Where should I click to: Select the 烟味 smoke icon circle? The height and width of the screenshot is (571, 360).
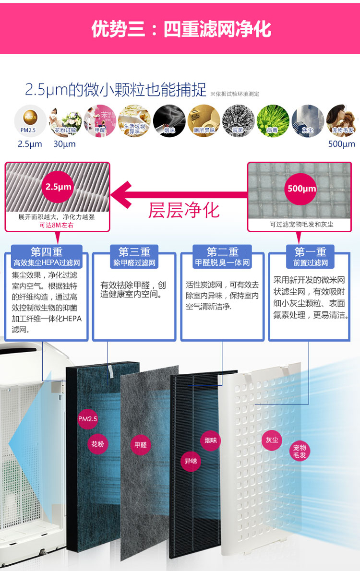coord(169,120)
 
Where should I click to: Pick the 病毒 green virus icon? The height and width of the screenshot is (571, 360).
coord(273,120)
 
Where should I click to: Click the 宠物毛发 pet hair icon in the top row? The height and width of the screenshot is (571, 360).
coord(342,120)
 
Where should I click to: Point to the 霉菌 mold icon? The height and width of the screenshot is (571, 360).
coord(238,120)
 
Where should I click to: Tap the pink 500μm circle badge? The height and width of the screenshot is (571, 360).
coord(301,188)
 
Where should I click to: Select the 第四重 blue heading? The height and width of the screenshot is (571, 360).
coord(47,252)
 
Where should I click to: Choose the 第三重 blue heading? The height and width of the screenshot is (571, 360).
coord(134,252)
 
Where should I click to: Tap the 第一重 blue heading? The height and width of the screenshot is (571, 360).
coord(310,252)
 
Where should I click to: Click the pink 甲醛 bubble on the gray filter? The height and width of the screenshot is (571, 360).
coord(141,445)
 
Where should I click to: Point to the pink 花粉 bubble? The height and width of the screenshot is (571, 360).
coord(97,444)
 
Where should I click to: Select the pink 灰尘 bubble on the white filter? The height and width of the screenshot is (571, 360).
coord(272,440)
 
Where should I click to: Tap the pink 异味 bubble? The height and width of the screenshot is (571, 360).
coord(191,462)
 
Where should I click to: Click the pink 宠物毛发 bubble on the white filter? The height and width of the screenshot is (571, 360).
coord(300,451)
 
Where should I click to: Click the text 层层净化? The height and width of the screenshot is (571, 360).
coord(184,210)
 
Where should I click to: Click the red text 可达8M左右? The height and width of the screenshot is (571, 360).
coord(56,225)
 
